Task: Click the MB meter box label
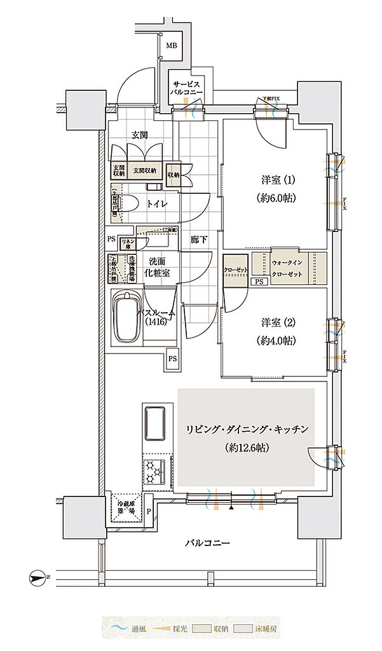pyautogui.click(x=172, y=46)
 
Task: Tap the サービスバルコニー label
pyautogui.click(x=186, y=88)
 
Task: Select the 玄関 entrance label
pyautogui.click(x=140, y=135)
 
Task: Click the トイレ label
pyautogui.click(x=157, y=203)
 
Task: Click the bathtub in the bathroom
pyautogui.click(x=127, y=317)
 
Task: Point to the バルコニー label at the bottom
pyautogui.click(x=207, y=543)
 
